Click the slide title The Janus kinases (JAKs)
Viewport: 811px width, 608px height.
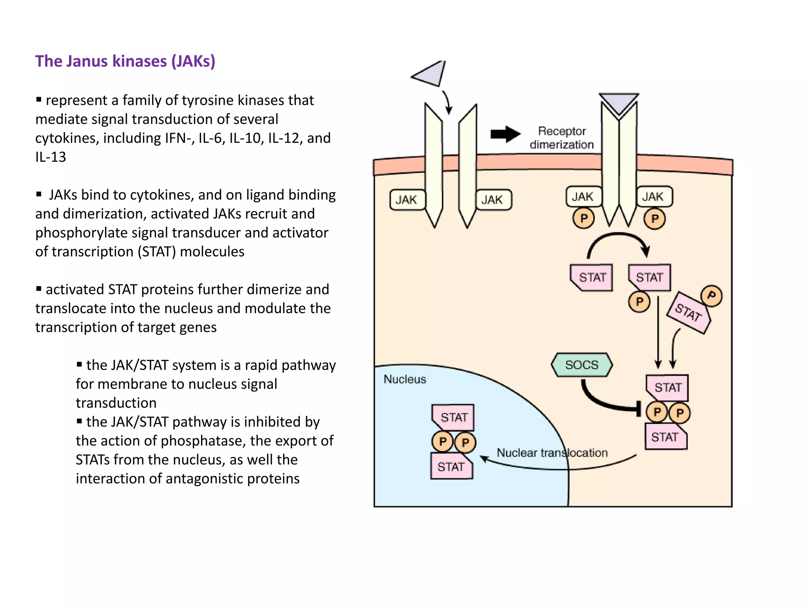(x=125, y=61)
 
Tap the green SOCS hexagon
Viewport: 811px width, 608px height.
(x=582, y=365)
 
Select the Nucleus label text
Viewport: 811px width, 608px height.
(x=405, y=379)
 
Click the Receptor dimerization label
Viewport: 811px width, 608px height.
(x=562, y=138)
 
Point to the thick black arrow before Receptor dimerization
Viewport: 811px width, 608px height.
(x=505, y=134)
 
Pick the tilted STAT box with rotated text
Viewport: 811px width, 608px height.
(x=689, y=313)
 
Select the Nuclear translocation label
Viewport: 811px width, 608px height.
(x=552, y=452)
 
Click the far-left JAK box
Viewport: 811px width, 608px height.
(x=407, y=200)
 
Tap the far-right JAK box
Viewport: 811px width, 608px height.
(x=653, y=197)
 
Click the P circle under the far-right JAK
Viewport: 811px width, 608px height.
(x=655, y=219)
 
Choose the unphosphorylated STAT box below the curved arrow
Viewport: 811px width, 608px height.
(x=592, y=277)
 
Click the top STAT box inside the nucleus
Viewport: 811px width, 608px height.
(x=454, y=417)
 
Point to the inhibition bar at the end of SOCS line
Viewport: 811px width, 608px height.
(x=638, y=408)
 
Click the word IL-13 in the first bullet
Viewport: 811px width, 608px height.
(x=51, y=157)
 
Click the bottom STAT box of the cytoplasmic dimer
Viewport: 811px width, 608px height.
(x=666, y=437)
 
